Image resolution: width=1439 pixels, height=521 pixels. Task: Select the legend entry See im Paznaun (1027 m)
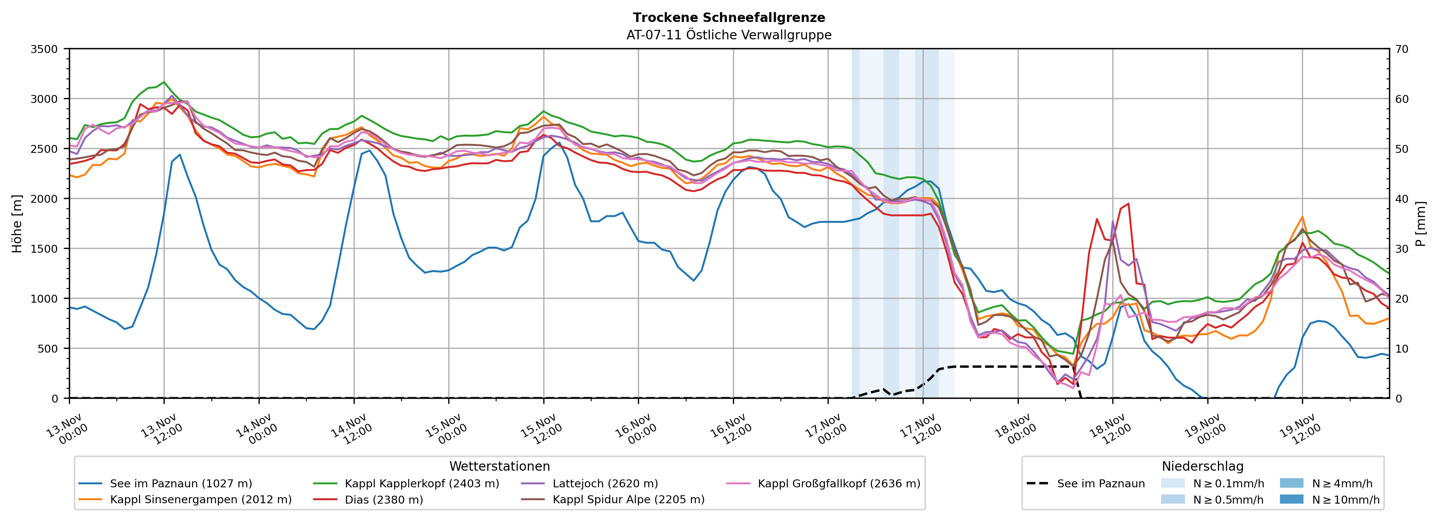click(x=181, y=484)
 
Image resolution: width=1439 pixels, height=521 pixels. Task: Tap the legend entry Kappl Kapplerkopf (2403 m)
click(x=422, y=484)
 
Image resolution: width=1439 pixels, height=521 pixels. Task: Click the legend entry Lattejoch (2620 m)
click(x=605, y=484)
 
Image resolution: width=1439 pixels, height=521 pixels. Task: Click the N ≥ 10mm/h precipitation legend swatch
click(x=1291, y=499)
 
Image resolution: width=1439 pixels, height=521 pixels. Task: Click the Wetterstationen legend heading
click(x=499, y=466)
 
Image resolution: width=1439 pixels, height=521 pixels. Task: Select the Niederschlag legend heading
click(x=1202, y=466)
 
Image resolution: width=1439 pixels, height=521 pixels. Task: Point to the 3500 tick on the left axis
click(x=44, y=49)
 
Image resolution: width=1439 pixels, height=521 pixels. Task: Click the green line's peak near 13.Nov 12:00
click(x=164, y=82)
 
